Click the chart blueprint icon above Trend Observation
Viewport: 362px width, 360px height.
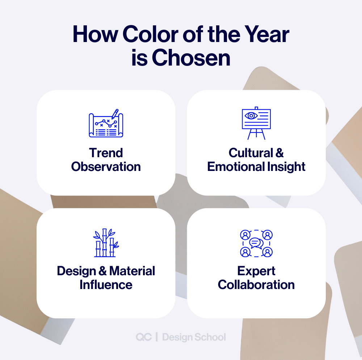point(106,124)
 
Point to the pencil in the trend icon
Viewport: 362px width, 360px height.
point(115,114)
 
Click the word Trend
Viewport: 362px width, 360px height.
point(106,153)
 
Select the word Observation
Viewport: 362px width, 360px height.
point(106,167)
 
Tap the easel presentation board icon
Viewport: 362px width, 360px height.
point(256,123)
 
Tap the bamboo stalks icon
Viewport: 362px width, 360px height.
point(106,243)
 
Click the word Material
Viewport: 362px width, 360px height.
point(132,271)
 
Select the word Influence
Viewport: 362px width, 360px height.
point(106,285)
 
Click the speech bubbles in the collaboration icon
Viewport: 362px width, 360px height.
point(256,243)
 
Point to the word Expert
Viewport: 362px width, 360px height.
point(256,271)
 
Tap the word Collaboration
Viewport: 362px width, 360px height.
point(256,285)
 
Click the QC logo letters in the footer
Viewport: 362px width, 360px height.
point(144,337)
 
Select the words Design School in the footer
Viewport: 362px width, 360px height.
point(194,337)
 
